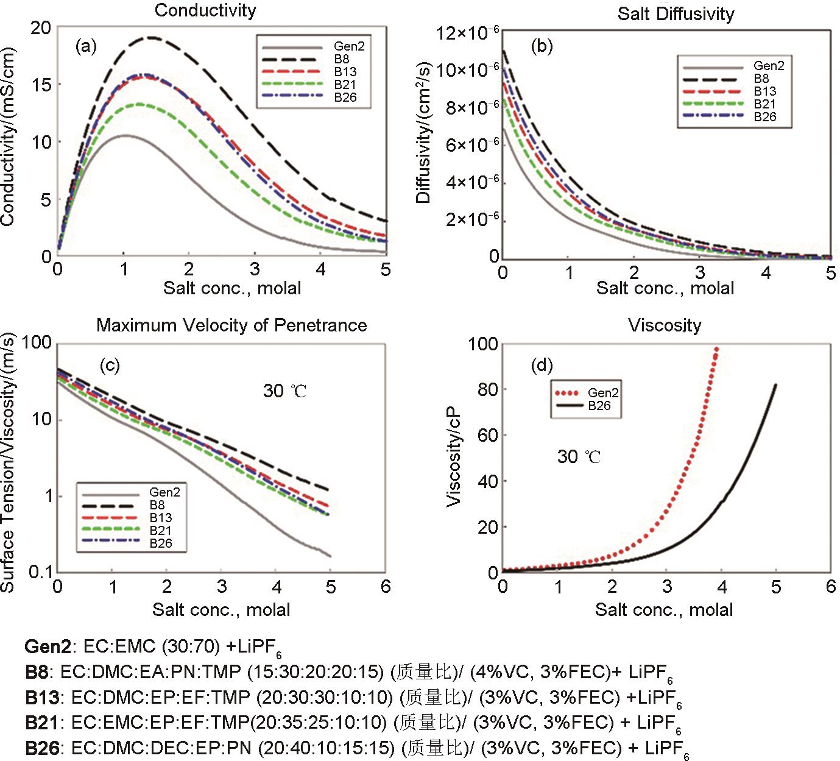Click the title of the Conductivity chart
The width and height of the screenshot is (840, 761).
205,10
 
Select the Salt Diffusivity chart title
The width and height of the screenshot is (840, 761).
676,14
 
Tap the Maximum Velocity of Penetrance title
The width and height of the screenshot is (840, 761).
231,325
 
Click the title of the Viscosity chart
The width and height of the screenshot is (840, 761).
665,325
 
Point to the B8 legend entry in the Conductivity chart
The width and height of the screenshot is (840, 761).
341,59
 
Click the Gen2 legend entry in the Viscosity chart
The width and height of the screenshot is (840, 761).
602,393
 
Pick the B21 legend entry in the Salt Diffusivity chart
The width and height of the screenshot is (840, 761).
765,104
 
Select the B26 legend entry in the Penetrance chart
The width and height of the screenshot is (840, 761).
161,543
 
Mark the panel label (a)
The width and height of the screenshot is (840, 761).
86,46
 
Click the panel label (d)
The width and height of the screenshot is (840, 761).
542,366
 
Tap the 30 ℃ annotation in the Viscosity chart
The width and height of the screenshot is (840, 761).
579,456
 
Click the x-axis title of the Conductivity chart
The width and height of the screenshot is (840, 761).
231,288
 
